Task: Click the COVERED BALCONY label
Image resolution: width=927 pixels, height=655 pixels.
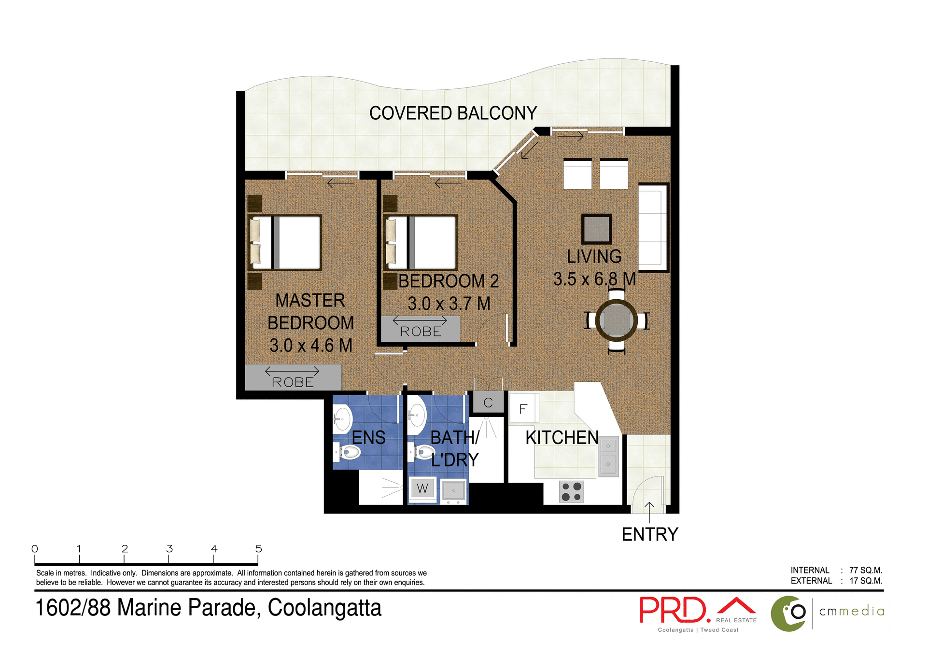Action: tap(453, 113)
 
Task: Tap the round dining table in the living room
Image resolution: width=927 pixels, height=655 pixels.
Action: tap(616, 320)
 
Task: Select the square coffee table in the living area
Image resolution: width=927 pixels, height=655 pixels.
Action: tap(596, 229)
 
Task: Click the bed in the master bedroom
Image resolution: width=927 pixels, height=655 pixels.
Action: tap(286, 242)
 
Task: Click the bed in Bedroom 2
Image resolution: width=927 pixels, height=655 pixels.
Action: tap(421, 242)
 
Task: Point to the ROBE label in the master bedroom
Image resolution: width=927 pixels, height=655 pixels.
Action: tap(293, 382)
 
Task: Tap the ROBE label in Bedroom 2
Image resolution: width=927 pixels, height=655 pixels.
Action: tap(421, 332)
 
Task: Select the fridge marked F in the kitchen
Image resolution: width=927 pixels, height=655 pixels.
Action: tap(522, 409)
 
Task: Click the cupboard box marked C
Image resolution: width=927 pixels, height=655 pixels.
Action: tap(488, 403)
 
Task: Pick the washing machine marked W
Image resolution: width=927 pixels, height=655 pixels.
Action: tap(422, 489)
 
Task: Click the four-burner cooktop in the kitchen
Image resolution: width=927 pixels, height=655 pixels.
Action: tap(571, 492)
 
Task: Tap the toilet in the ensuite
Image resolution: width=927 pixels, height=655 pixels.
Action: tap(348, 452)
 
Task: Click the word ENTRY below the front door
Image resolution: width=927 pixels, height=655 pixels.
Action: tap(650, 534)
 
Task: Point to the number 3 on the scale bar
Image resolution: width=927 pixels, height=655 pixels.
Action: tap(169, 549)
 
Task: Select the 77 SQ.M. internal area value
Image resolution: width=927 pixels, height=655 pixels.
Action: tap(866, 570)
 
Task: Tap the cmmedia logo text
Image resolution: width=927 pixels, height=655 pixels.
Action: tap(852, 611)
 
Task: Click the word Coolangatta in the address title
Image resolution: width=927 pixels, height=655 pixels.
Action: tap(324, 608)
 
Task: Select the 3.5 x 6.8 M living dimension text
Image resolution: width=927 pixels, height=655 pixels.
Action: tap(594, 279)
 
